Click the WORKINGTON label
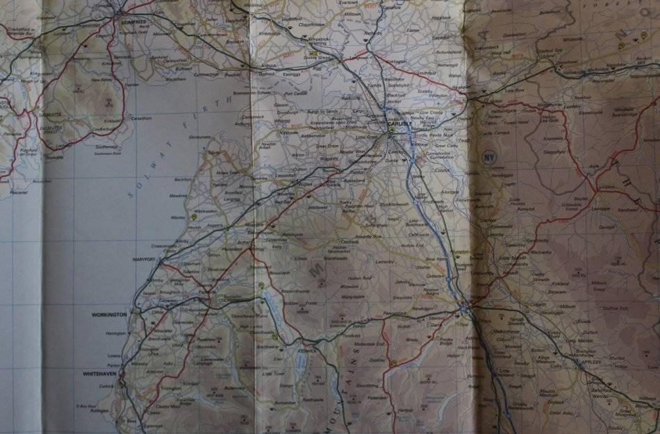(x=109, y=314)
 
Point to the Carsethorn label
(x=140, y=118)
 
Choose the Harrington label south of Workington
(x=115, y=333)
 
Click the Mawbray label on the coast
(x=179, y=196)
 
